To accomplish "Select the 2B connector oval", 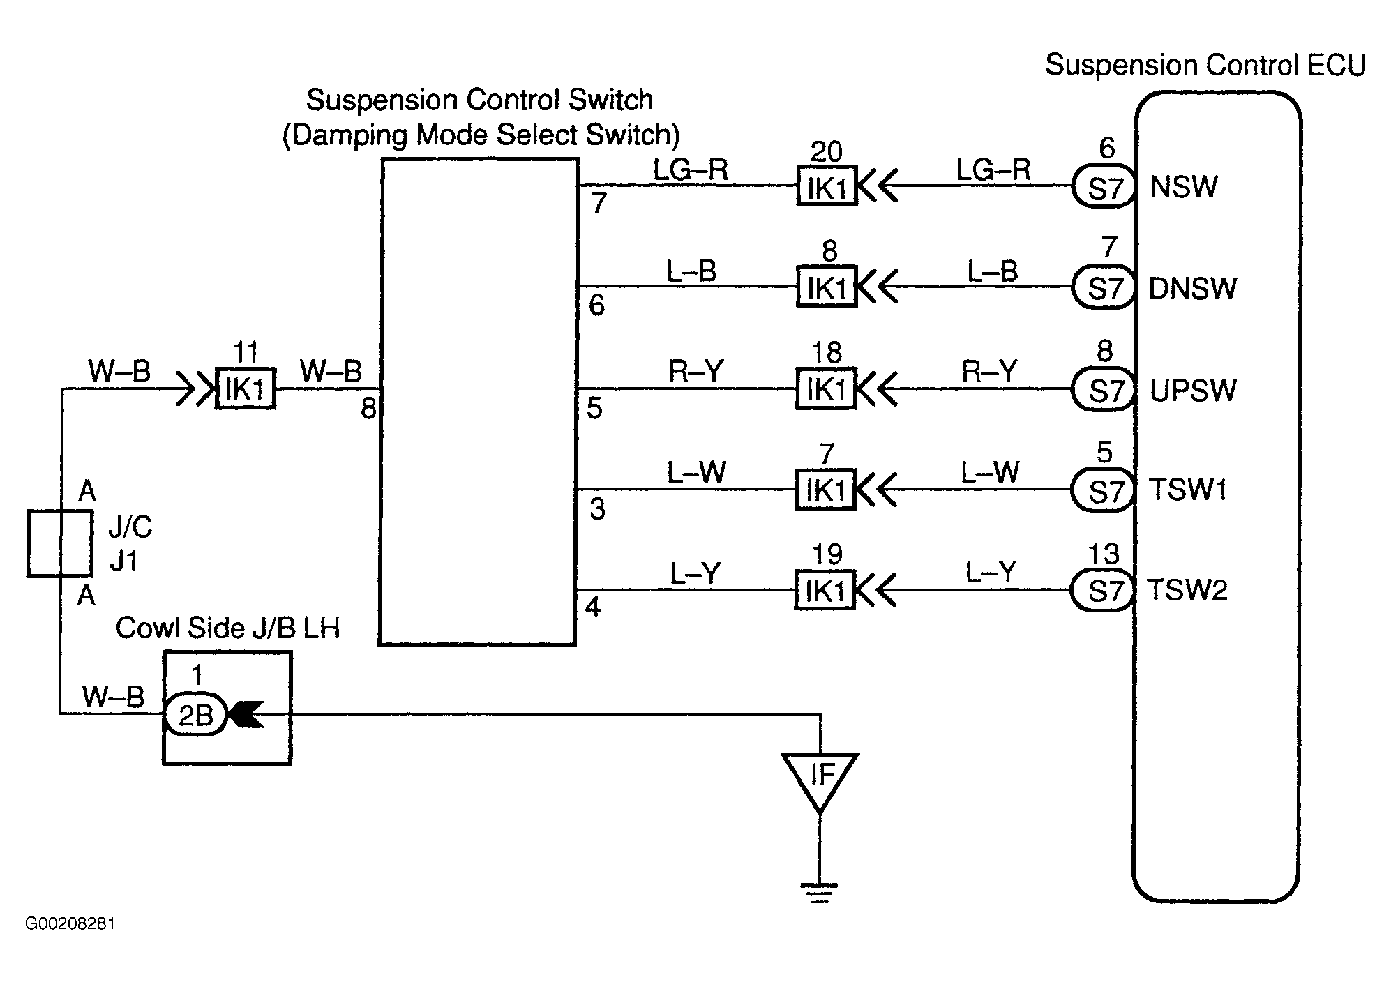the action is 195,715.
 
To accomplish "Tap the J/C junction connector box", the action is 59,543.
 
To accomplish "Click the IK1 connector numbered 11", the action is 245,388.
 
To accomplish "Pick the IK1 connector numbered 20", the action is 827,186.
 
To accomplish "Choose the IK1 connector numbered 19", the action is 825,591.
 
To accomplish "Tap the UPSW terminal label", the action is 1193,391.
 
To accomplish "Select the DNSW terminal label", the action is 1192,288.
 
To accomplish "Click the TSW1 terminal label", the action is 1187,490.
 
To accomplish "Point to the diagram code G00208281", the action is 70,924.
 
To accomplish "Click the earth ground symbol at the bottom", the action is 819,893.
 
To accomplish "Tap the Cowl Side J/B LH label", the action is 227,628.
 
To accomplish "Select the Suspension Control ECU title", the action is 1205,65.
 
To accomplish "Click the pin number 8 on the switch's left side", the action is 368,409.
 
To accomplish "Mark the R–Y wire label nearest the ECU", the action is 989,371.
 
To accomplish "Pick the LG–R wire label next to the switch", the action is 691,169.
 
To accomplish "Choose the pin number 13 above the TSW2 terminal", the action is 1104,554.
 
